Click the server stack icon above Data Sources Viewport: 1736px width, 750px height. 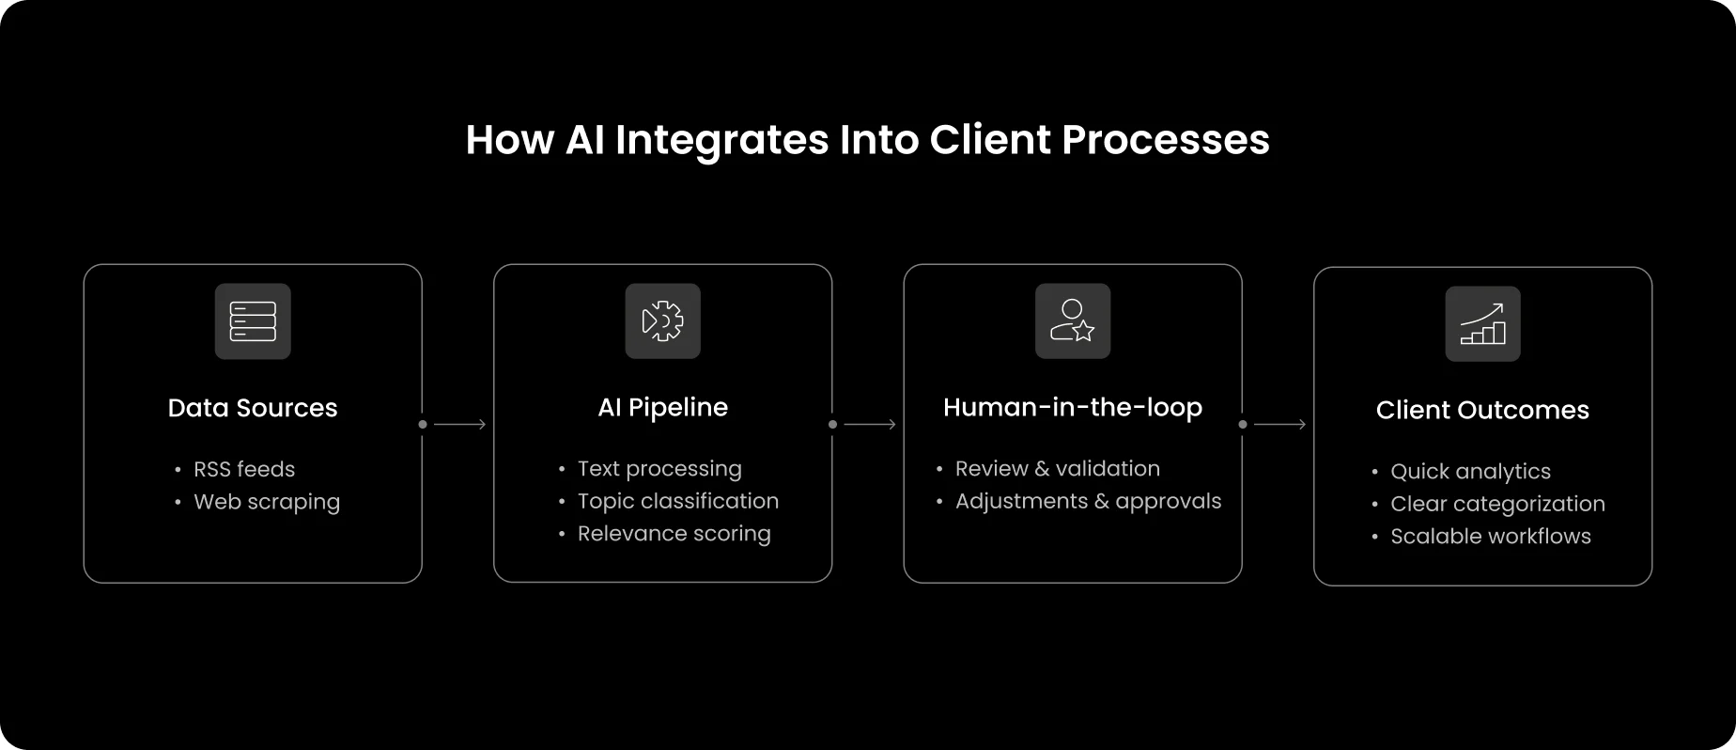[x=253, y=321]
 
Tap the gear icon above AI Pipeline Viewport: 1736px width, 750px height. [x=662, y=321]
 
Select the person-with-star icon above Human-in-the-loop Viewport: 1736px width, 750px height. [x=1072, y=321]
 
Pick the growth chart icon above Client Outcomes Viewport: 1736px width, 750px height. [x=1482, y=324]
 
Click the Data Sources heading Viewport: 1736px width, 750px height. [x=253, y=408]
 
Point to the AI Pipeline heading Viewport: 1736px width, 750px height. [x=662, y=407]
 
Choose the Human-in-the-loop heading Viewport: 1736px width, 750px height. [x=1072, y=407]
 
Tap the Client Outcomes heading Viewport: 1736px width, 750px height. [x=1482, y=410]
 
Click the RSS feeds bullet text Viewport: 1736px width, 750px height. [x=244, y=469]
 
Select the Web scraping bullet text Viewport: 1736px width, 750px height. [x=267, y=502]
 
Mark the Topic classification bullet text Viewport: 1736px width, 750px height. [x=677, y=501]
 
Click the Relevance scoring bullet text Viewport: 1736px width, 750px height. [x=674, y=534]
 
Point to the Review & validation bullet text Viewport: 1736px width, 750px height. [x=1057, y=468]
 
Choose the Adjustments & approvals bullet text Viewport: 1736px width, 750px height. [x=1088, y=501]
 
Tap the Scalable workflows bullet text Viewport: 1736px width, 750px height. [x=1490, y=536]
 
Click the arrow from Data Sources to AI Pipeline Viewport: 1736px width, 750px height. [x=458, y=425]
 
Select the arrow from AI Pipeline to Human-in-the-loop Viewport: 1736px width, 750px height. [x=868, y=425]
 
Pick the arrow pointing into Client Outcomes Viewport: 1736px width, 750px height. [x=1279, y=425]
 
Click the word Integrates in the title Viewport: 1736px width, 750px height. [x=721, y=140]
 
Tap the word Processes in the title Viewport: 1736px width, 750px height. [x=1165, y=140]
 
